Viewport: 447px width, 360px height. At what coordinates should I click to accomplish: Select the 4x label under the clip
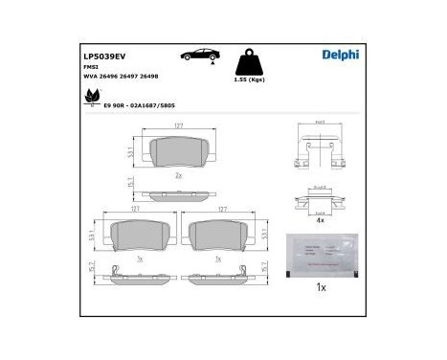(x=321, y=220)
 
